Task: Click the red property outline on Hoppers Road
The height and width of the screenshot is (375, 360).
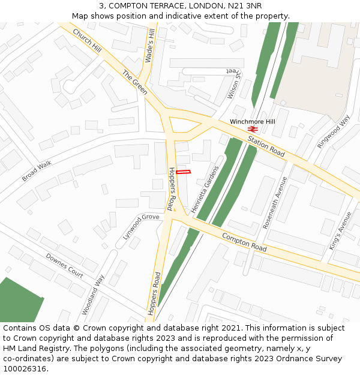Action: [184, 172]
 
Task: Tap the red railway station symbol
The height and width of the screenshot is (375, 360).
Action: [253, 128]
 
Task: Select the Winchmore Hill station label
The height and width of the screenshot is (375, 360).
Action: [252, 122]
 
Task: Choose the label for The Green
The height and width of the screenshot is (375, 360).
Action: [135, 82]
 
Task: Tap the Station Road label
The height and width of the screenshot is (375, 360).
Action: [266, 147]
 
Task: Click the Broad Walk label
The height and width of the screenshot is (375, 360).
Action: [37, 172]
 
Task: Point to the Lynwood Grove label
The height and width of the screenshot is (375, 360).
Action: [141, 226]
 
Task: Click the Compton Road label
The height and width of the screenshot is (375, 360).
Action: [244, 242]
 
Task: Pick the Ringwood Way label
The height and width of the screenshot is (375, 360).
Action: [334, 131]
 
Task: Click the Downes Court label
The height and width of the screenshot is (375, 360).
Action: [64, 265]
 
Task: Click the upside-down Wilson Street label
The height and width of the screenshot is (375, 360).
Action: [233, 83]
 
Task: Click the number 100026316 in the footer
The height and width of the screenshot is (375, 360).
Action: [25, 368]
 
